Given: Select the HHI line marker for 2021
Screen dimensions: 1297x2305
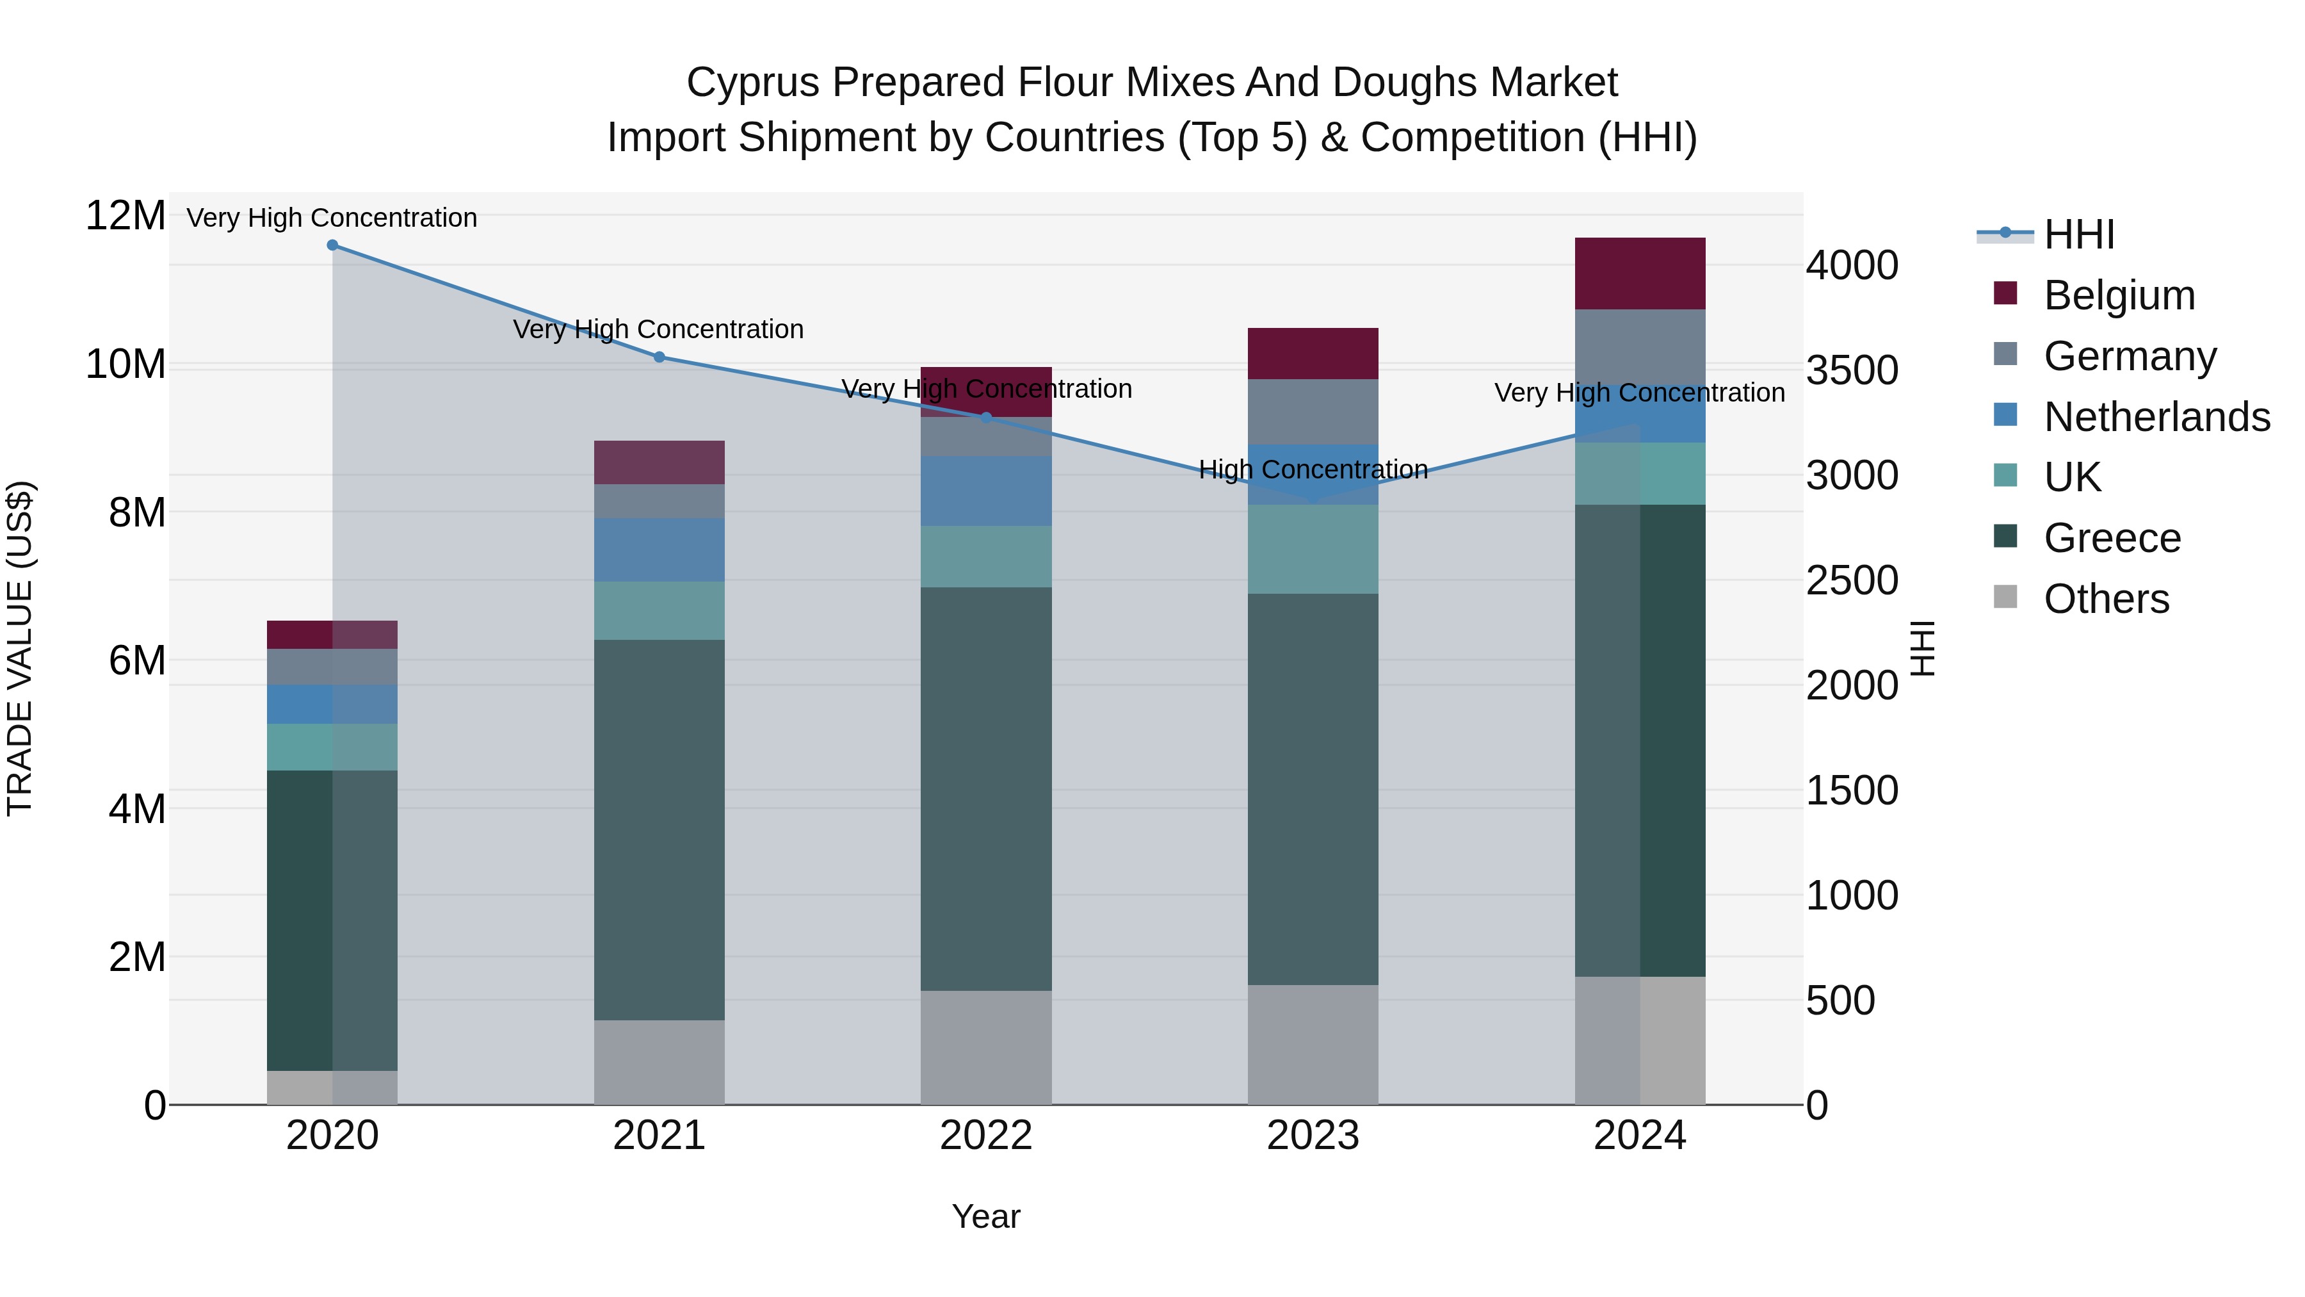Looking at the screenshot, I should point(659,357).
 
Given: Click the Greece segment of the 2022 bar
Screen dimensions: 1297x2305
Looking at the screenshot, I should point(985,788).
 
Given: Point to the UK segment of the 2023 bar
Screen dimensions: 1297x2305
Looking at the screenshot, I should point(1312,549).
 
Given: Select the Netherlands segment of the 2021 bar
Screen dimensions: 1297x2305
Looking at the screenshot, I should point(659,550).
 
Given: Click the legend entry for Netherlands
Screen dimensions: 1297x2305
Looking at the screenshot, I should point(2156,417).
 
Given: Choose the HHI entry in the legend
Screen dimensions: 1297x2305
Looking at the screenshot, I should point(2078,234).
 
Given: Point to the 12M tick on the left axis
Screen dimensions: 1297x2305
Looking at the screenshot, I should point(125,216).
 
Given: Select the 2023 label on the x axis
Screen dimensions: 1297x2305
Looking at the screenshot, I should point(1312,1136).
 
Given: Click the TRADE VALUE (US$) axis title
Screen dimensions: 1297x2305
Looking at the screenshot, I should point(20,648).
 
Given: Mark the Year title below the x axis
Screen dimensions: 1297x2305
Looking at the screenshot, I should point(985,1216).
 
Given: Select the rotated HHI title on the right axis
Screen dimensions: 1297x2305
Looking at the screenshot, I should point(1923,648).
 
